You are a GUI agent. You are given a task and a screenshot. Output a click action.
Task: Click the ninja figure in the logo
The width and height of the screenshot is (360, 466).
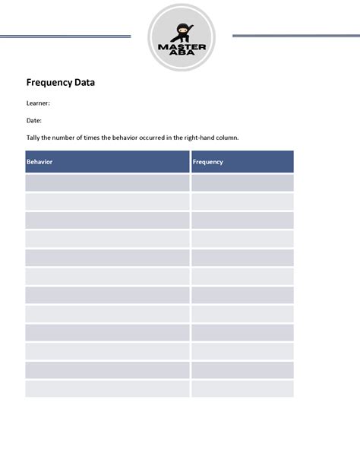coord(182,32)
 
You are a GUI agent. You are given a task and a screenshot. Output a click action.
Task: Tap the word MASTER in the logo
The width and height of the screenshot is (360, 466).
coord(182,47)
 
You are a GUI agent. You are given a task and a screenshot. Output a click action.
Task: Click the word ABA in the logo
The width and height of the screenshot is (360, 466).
coord(182,55)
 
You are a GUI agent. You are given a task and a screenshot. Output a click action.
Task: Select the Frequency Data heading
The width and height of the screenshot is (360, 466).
coord(61,83)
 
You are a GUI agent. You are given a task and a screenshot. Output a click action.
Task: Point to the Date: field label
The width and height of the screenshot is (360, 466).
coord(34,120)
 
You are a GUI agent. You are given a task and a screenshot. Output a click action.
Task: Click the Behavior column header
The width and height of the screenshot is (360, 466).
coord(39,162)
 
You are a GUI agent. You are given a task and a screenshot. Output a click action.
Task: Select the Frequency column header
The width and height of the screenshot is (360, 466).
coord(208,162)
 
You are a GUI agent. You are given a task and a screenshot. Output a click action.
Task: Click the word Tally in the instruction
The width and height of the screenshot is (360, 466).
coord(35,138)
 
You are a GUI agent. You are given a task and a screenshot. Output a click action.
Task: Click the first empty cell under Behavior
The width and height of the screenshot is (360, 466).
coord(107,183)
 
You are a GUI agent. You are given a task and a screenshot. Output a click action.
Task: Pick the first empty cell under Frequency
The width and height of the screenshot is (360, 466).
coord(242,183)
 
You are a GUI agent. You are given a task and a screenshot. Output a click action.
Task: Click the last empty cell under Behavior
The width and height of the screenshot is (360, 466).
coord(107,388)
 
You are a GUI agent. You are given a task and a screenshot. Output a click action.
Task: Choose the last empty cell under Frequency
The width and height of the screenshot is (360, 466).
coord(242,388)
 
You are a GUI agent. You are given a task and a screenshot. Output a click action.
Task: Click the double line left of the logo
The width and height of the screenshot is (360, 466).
coord(65,35)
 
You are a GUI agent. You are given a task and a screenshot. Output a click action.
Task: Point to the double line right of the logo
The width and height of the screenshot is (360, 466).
coord(295,35)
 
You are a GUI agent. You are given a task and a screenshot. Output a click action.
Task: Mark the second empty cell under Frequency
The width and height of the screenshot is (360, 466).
coord(242,201)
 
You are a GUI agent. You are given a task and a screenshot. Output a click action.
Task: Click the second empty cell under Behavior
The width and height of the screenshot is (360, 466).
coord(107,201)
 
